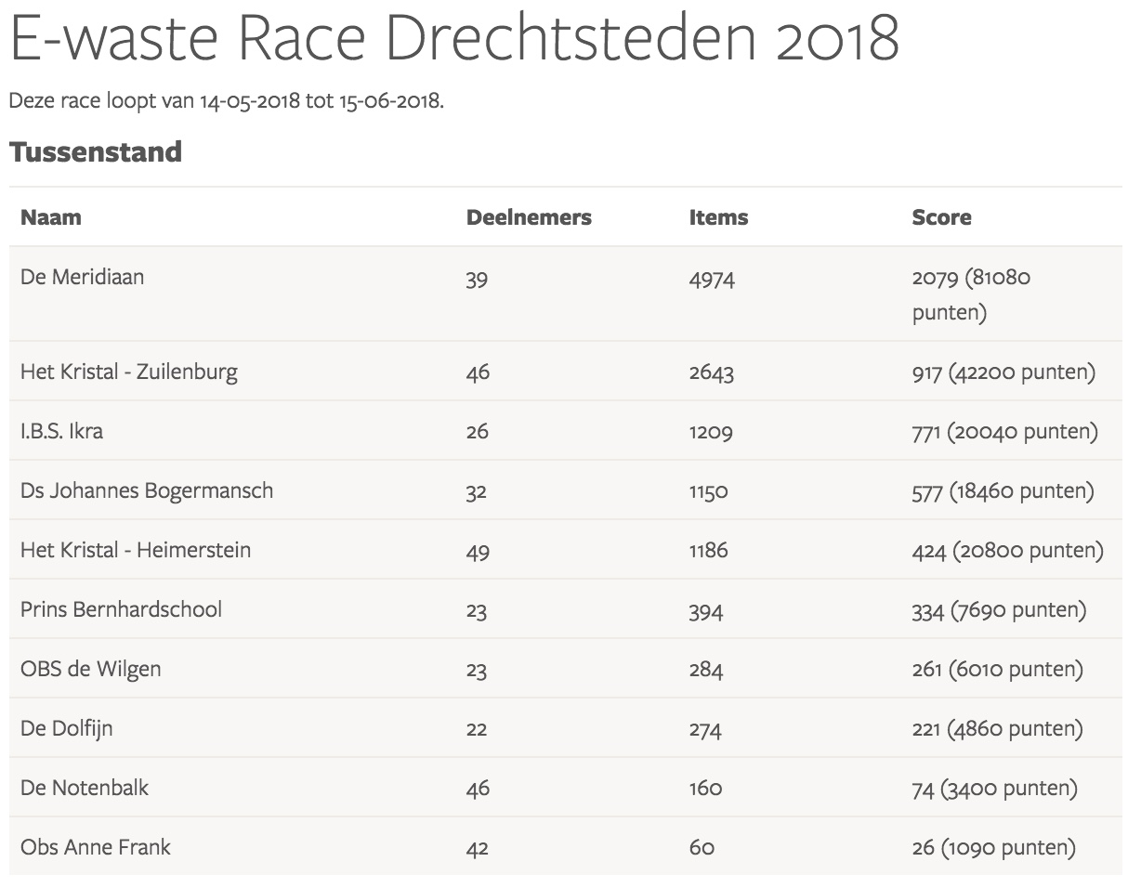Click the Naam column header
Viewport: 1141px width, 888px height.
click(x=51, y=217)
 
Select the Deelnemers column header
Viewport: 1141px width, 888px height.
click(x=529, y=217)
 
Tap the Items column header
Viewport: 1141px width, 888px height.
click(x=718, y=217)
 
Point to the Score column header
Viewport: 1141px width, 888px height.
click(x=941, y=217)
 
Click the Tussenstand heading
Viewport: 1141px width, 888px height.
click(x=95, y=152)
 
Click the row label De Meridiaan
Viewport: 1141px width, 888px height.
click(x=82, y=277)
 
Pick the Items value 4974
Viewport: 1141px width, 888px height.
click(x=711, y=279)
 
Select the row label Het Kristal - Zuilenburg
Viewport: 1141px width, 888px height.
click(x=129, y=372)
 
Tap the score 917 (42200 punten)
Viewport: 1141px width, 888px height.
click(x=1003, y=372)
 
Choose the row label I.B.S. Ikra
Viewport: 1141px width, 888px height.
click(x=61, y=432)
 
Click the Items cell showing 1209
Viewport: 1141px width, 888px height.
click(x=711, y=432)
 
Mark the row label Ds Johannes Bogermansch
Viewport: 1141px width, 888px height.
click(x=147, y=490)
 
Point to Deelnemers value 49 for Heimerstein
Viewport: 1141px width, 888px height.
click(x=478, y=551)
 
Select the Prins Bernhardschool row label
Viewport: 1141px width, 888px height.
click(x=121, y=610)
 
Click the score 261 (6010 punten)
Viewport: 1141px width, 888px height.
click(x=997, y=670)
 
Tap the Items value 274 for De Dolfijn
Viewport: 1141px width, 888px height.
click(x=705, y=730)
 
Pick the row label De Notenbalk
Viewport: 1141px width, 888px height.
click(x=85, y=789)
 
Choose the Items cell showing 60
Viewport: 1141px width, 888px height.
click(x=702, y=848)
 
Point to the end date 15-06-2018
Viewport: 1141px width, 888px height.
click(x=388, y=100)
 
